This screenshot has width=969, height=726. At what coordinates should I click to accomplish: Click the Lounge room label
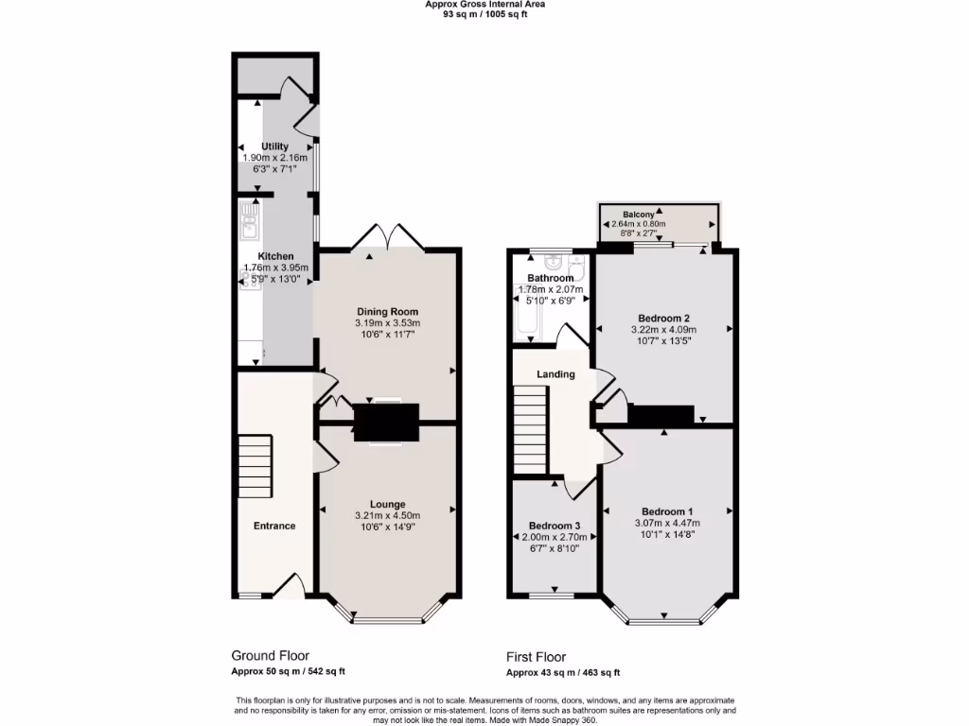(x=387, y=504)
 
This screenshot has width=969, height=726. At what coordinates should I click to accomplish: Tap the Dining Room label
(x=387, y=311)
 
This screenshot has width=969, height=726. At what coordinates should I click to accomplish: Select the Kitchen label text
(x=276, y=256)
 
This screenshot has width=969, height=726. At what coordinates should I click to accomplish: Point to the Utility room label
(x=275, y=147)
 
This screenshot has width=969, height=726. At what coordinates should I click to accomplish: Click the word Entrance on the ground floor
(x=273, y=526)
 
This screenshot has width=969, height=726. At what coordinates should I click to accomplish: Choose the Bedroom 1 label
(x=666, y=511)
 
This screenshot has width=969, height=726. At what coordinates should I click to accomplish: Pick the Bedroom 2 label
(x=662, y=318)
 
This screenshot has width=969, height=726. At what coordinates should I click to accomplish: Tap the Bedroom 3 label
(x=555, y=526)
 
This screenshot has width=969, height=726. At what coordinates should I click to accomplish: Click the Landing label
(x=555, y=374)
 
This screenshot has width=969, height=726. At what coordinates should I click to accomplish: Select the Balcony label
(x=641, y=214)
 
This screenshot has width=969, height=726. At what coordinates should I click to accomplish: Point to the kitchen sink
(x=249, y=225)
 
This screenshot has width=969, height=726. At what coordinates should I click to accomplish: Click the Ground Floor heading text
(x=270, y=655)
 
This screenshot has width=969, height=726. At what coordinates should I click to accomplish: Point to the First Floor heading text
(x=536, y=657)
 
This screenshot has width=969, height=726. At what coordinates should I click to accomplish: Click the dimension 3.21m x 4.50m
(x=387, y=515)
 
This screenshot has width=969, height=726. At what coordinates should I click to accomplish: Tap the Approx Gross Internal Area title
(x=484, y=4)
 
